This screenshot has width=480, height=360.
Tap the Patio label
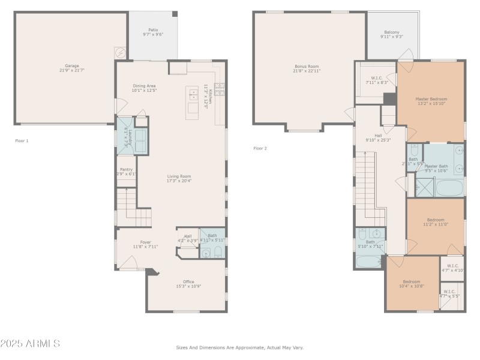pyautogui.click(x=153, y=32)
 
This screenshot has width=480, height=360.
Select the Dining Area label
pyautogui.click(x=145, y=88)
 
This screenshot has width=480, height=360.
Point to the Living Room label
pyautogui.click(x=179, y=178)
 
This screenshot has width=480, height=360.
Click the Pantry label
pyautogui.click(x=126, y=172)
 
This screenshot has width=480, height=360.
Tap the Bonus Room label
pyautogui.click(x=306, y=68)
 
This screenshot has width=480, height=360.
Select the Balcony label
pyautogui.click(x=391, y=34)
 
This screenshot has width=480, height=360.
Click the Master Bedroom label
pyautogui.click(x=431, y=101)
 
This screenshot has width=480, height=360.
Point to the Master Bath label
pyautogui.click(x=436, y=168)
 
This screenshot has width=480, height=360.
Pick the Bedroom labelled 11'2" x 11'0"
pyautogui.click(x=436, y=222)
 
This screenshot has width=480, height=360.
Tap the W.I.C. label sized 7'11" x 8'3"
pyautogui.click(x=377, y=80)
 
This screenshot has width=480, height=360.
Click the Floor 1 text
pyautogui.click(x=22, y=140)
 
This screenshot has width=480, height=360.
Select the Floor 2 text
pyautogui.click(x=260, y=148)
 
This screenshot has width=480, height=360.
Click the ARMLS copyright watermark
pyautogui.click(x=30, y=344)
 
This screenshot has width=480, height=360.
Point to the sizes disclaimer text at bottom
pyautogui.click(x=240, y=347)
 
